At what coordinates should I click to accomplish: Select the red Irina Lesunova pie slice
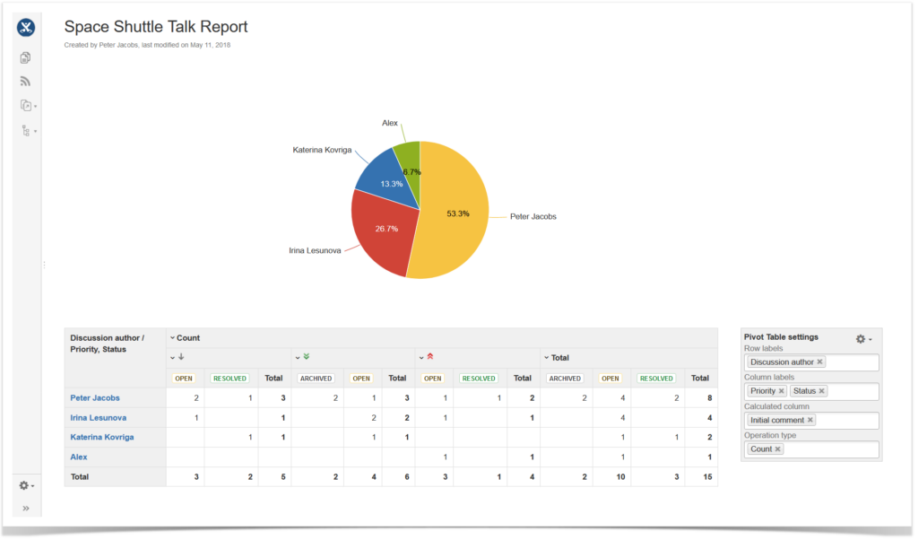click(x=381, y=238)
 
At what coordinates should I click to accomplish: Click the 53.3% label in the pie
click(x=457, y=213)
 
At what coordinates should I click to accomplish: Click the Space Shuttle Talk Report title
click(x=156, y=28)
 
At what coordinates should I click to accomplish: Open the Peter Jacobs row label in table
click(x=95, y=397)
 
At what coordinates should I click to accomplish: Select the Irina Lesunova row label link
click(x=98, y=417)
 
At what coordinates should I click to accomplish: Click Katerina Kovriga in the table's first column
click(x=102, y=437)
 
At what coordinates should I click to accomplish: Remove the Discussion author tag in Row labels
click(x=819, y=362)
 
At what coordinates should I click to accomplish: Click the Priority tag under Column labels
click(x=763, y=391)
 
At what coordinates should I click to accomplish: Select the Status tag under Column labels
click(x=804, y=391)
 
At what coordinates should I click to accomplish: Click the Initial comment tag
click(x=776, y=420)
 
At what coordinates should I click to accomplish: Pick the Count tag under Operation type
click(x=761, y=449)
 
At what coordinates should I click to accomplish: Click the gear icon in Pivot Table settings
click(x=862, y=338)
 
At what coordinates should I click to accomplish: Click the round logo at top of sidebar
click(x=26, y=27)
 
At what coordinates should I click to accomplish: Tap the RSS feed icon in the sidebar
click(x=26, y=82)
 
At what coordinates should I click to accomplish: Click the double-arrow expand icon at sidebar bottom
click(x=26, y=509)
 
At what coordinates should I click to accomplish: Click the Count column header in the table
click(x=188, y=338)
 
